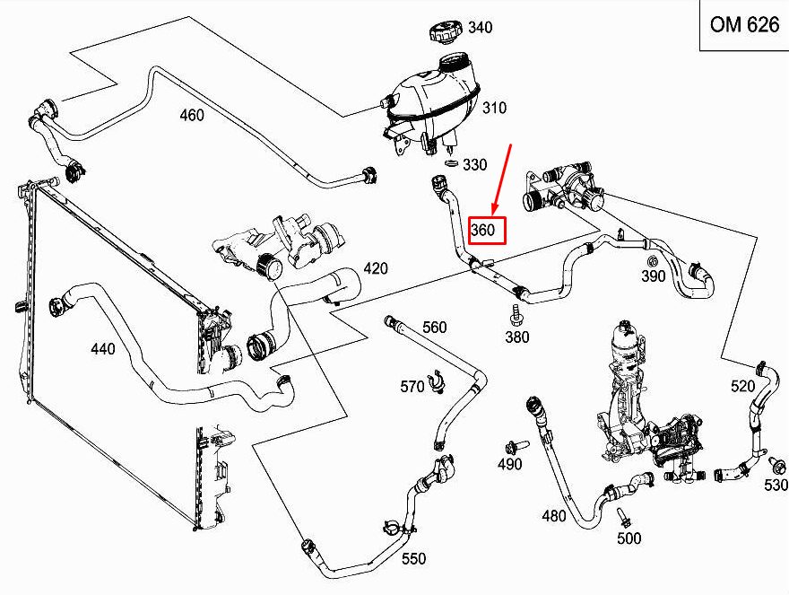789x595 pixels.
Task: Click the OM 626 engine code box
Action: (x=743, y=25)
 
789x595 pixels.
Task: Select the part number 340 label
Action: (x=481, y=28)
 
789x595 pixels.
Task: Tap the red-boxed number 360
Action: (x=483, y=231)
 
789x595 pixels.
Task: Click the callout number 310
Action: (x=494, y=109)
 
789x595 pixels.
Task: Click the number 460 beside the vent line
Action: (x=192, y=115)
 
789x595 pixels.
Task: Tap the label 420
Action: (x=376, y=267)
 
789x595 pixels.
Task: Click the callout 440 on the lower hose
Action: (x=103, y=348)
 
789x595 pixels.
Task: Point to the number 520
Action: (x=742, y=386)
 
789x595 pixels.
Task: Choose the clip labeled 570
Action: (x=438, y=381)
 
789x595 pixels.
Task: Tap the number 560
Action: (x=434, y=328)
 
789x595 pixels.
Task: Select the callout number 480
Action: (x=554, y=516)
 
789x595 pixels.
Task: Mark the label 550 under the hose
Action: (x=413, y=558)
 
